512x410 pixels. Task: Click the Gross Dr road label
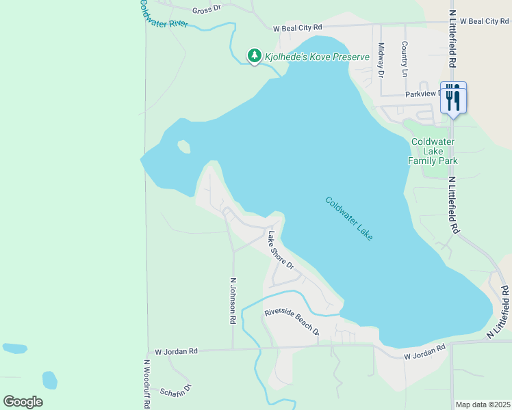[207, 10]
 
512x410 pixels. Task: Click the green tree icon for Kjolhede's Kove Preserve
[254, 55]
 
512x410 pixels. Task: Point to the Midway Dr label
[381, 59]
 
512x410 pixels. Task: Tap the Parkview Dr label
[424, 94]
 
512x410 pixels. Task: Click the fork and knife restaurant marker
[452, 98]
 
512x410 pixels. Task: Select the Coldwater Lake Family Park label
[433, 151]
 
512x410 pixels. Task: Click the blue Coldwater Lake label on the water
[349, 218]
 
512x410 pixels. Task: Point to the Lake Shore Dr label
[281, 250]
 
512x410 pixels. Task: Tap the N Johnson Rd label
[233, 300]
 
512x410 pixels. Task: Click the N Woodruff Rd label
[146, 384]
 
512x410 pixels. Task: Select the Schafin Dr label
[177, 390]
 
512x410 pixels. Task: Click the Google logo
[23, 402]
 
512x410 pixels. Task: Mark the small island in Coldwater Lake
[183, 146]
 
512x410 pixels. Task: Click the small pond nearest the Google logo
[49, 379]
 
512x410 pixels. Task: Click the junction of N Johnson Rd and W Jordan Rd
[233, 348]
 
